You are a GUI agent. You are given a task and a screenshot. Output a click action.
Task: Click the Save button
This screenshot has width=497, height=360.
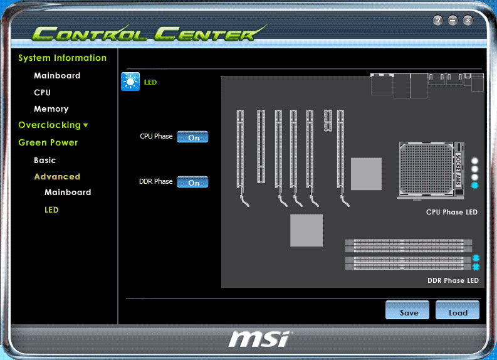click(x=407, y=310)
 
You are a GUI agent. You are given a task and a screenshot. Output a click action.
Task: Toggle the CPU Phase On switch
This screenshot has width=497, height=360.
click(x=192, y=137)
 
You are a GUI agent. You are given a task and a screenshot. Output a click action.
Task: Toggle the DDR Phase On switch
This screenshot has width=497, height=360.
click(x=192, y=182)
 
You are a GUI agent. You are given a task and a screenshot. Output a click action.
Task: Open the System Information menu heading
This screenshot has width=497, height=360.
click(x=63, y=58)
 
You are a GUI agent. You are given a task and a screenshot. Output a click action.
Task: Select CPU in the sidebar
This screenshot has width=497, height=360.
click(x=42, y=92)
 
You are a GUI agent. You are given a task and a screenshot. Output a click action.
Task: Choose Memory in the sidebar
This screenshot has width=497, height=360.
click(x=51, y=109)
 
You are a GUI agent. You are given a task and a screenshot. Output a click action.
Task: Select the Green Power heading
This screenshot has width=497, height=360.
click(x=48, y=142)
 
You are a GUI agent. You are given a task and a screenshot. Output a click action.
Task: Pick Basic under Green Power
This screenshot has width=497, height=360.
click(x=44, y=160)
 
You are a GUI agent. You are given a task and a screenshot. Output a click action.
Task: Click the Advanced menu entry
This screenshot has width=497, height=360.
click(x=57, y=176)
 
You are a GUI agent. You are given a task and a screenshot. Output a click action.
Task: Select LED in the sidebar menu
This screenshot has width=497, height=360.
click(x=51, y=209)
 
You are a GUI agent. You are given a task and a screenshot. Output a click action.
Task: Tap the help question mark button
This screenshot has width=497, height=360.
click(x=437, y=20)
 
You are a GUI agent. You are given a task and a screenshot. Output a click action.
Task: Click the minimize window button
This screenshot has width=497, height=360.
click(x=453, y=20)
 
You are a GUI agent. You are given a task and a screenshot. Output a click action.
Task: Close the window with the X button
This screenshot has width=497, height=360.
click(x=468, y=20)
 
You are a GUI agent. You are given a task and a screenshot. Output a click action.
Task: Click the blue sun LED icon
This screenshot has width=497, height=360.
click(x=130, y=82)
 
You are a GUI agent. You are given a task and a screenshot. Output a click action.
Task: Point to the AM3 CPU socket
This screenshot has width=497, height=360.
click(x=431, y=171)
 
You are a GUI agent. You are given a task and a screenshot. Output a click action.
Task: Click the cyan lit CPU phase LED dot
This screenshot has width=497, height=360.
click(x=474, y=185)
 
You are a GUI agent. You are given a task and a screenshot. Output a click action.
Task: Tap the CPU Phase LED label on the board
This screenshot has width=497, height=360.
click(x=452, y=212)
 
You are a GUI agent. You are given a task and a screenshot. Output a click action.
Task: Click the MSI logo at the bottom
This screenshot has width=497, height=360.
click(x=259, y=339)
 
